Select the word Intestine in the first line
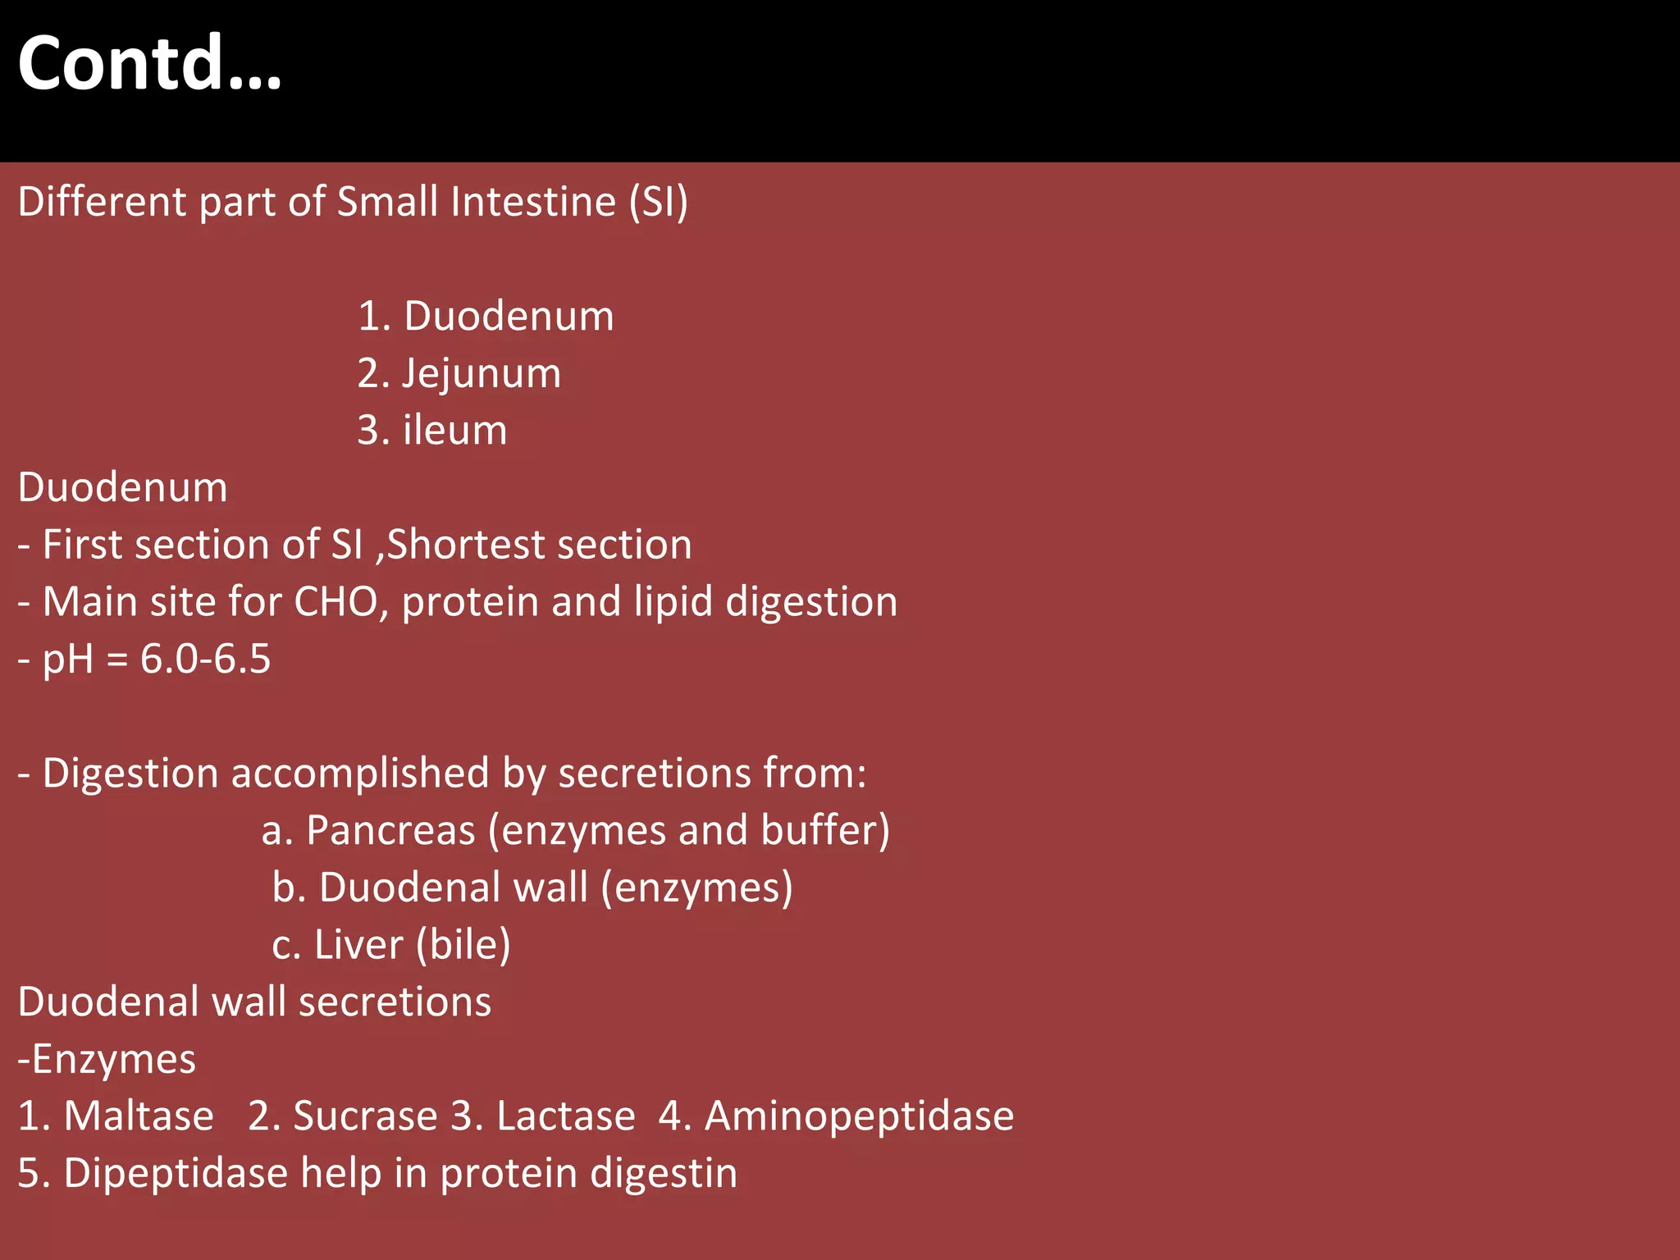tap(533, 202)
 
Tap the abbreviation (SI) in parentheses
tap(659, 202)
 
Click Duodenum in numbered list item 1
tap(509, 317)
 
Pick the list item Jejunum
tap(482, 374)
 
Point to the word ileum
tap(455, 431)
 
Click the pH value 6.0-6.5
tap(205, 660)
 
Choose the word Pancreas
tap(390, 830)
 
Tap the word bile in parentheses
tap(463, 945)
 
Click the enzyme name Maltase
tap(139, 1116)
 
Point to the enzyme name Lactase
tap(565, 1116)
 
